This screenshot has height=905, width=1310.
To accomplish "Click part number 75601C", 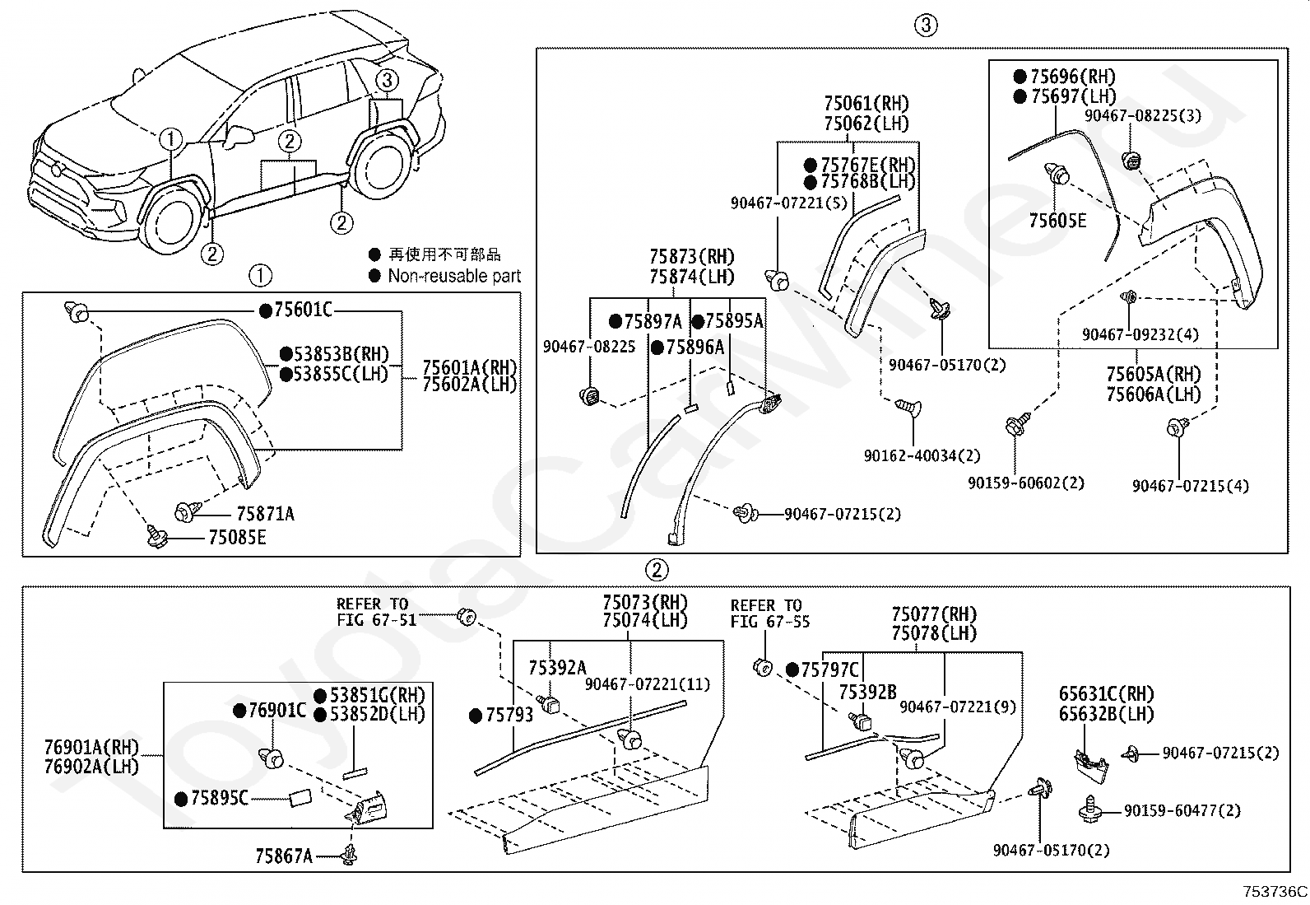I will [x=303, y=310].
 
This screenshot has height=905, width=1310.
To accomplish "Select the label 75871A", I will [x=265, y=514].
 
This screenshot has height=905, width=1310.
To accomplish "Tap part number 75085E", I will [x=237, y=538].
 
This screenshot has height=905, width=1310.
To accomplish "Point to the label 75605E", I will [x=1057, y=221].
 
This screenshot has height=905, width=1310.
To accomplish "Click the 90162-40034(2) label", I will [x=922, y=455].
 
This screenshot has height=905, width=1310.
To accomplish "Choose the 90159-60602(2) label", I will [x=1025, y=483].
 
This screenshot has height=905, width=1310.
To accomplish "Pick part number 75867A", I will [x=284, y=856].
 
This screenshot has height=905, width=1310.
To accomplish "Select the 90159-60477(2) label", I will [x=1182, y=811].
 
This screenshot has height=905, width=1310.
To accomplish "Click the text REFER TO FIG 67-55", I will [x=769, y=613].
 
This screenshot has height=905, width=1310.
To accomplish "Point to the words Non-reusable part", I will [x=454, y=277].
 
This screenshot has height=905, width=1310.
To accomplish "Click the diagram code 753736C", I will [x=1275, y=891].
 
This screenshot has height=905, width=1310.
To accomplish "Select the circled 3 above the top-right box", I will [x=925, y=25].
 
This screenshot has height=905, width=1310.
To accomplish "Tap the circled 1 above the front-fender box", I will [x=260, y=275].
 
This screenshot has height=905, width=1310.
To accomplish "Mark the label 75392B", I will [x=867, y=693].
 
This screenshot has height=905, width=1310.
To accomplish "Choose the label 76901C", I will [x=277, y=710].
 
